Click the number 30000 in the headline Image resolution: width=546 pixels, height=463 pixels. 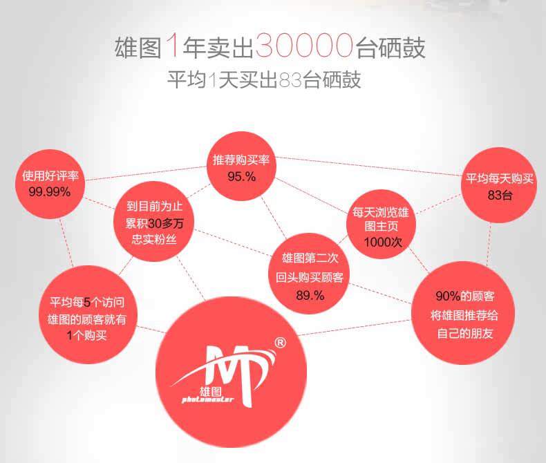(304, 47)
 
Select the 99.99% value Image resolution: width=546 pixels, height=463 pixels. (50, 191)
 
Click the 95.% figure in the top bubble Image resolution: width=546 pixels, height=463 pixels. (241, 176)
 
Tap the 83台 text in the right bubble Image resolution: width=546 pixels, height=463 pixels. (500, 195)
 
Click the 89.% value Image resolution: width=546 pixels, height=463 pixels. (310, 295)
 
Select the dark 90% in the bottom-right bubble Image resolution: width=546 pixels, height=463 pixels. (448, 296)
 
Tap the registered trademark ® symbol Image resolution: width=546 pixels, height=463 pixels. (280, 342)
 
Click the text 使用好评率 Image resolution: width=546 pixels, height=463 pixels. (50, 176)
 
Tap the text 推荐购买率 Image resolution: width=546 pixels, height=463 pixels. (241, 160)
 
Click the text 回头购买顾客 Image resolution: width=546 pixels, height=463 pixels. (309, 278)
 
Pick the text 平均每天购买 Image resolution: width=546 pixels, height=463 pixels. (500, 179)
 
